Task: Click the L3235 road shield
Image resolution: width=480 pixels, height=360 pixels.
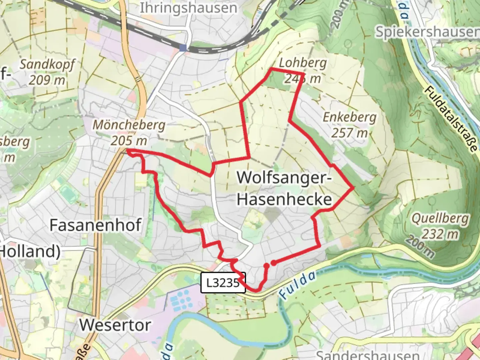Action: click(223, 283)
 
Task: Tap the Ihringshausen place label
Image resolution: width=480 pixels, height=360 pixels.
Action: click(188, 8)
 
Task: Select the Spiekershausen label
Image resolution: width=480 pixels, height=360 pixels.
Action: click(427, 32)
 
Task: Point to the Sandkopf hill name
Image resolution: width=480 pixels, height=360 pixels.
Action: click(47, 65)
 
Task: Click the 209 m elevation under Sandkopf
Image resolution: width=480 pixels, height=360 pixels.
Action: click(47, 80)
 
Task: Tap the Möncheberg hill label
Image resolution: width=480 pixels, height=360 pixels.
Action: click(129, 125)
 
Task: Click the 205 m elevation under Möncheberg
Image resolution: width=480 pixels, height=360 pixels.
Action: click(129, 141)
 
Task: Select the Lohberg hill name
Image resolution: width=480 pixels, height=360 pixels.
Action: click(303, 63)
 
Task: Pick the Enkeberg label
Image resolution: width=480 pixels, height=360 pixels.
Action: click(349, 117)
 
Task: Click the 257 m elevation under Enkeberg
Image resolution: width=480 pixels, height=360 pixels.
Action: click(349, 133)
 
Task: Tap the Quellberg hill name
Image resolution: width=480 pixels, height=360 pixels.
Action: click(440, 219)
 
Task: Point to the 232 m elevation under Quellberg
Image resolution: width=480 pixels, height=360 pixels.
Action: click(440, 234)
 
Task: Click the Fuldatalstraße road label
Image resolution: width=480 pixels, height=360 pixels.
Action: click(451, 119)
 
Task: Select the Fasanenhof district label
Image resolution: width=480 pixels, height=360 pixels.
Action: click(96, 225)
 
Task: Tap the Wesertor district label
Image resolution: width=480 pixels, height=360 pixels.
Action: click(115, 325)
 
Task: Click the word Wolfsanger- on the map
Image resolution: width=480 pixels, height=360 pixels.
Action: click(284, 177)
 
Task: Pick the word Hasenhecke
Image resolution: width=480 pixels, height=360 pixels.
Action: click(284, 199)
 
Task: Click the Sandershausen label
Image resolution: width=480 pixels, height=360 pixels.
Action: click(367, 355)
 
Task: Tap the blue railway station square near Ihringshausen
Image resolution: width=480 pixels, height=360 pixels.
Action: click(183, 48)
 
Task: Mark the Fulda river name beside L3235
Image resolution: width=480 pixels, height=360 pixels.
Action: click(297, 285)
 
